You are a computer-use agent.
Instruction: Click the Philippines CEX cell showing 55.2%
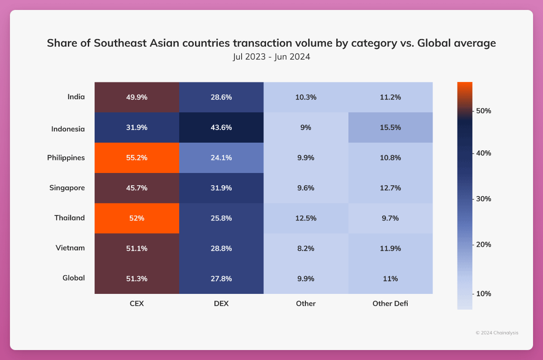pyautogui.click(x=137, y=158)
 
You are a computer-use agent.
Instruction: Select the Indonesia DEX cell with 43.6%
pyautogui.click(x=221, y=128)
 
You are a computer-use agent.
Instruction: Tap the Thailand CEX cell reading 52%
pyautogui.click(x=137, y=218)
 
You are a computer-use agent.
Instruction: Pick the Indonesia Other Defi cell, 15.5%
pyautogui.click(x=390, y=128)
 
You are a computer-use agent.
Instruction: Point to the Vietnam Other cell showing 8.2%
pyautogui.click(x=305, y=248)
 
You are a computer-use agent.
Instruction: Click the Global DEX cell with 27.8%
pyautogui.click(x=221, y=278)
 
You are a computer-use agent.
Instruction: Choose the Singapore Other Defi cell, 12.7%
pyautogui.click(x=390, y=188)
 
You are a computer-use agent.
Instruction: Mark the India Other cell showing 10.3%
pyautogui.click(x=305, y=97)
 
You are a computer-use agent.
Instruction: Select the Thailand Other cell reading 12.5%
pyautogui.click(x=305, y=218)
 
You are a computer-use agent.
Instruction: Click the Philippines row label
pyautogui.click(x=66, y=158)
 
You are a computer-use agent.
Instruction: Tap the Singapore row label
pyautogui.click(x=67, y=188)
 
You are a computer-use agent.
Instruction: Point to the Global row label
pyautogui.click(x=74, y=278)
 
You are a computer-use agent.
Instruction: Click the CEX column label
pyautogui.click(x=137, y=303)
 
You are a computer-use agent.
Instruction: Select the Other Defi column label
pyautogui.click(x=390, y=303)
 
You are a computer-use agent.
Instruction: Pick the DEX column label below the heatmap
pyautogui.click(x=221, y=303)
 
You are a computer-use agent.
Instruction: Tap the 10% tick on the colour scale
pyautogui.click(x=482, y=293)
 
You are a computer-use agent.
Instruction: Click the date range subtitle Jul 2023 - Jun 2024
pyautogui.click(x=271, y=58)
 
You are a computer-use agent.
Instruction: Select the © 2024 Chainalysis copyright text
pyautogui.click(x=497, y=333)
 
